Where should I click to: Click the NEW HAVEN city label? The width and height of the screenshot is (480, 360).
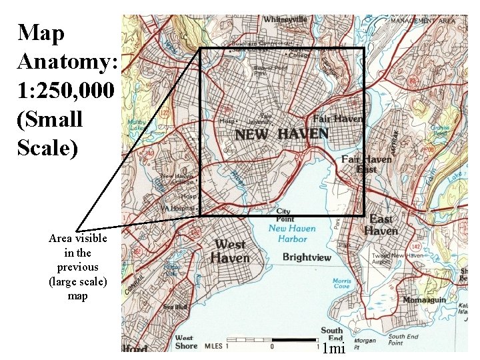tap(281, 134)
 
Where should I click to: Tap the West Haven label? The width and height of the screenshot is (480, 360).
tap(231, 251)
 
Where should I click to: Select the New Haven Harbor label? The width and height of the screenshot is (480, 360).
tap(288, 233)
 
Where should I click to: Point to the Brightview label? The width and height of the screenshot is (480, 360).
tap(307, 257)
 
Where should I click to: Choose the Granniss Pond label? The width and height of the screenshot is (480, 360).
tap(440, 147)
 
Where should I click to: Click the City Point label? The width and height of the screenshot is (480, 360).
tap(283, 215)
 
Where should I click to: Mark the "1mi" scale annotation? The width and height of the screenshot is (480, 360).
tap(331, 348)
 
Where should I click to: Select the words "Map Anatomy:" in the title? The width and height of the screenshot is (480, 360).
tap(67, 47)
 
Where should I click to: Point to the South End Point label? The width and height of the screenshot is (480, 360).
tap(403, 341)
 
